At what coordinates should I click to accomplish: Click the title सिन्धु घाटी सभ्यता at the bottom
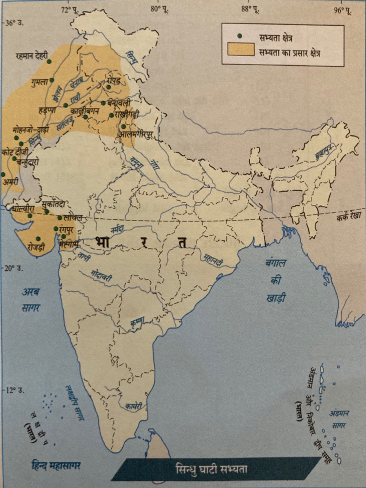[x=217, y=469]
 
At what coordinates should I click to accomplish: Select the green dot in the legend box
[x=240, y=36]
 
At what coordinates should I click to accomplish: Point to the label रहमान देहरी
[x=31, y=56]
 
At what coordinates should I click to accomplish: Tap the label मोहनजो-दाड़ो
[x=30, y=130]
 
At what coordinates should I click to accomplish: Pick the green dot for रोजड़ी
[x=38, y=239]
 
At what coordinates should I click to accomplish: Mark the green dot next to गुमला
[x=51, y=80]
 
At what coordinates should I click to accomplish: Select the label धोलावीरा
[x=23, y=209]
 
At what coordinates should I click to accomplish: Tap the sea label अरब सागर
[x=30, y=300]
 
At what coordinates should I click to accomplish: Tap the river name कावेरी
[x=133, y=406]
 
